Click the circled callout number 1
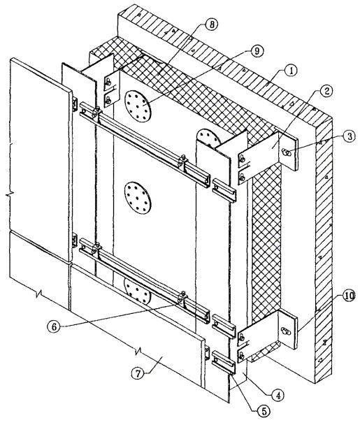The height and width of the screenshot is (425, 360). click(x=291, y=71)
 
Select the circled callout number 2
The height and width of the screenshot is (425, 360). click(x=326, y=91)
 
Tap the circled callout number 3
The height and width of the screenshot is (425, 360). click(x=350, y=136)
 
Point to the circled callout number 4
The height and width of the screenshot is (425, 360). click(x=278, y=395)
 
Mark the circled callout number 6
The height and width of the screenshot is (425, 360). click(x=54, y=326)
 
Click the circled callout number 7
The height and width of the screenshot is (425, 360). click(x=138, y=374)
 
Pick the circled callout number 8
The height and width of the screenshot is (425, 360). click(x=212, y=24)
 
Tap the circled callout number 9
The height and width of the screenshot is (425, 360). click(x=257, y=51)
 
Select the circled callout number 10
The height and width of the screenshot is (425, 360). click(x=349, y=296)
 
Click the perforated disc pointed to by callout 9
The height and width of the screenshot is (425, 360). click(x=138, y=106)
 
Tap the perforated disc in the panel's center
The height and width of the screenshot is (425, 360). click(x=138, y=198)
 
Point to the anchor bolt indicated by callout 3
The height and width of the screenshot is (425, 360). click(x=287, y=152)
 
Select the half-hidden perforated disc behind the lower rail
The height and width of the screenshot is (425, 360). click(x=138, y=291)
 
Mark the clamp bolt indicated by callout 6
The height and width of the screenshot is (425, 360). click(x=182, y=297)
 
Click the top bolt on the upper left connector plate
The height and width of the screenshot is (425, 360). click(x=108, y=81)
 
